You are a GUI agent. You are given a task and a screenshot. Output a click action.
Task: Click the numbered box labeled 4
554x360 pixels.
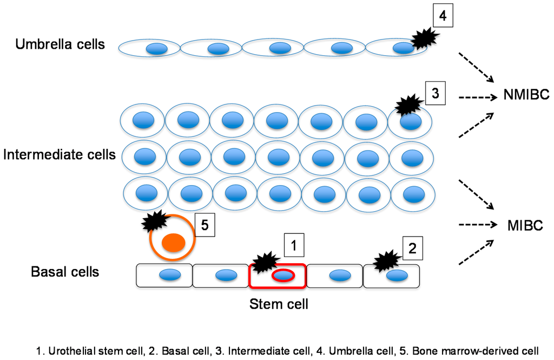point(442,16)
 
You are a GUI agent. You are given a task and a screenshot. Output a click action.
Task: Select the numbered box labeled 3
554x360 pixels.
point(435,93)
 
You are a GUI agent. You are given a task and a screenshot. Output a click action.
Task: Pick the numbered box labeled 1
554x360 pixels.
point(294,246)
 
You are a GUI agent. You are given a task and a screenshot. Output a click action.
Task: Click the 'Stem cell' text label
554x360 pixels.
point(279,304)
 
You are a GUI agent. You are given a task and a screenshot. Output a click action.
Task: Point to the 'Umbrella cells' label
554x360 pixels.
point(60,44)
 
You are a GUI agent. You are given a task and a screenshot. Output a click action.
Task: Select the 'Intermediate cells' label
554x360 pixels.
point(59,155)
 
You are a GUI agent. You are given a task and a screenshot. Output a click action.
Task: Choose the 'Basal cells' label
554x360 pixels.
point(65,271)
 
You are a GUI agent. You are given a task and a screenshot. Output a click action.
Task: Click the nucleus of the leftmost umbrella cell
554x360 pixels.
point(156,49)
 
